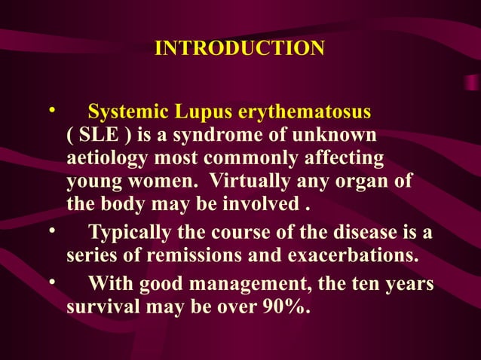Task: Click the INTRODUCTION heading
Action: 240,49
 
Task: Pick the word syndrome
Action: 230,136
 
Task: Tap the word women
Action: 166,182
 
